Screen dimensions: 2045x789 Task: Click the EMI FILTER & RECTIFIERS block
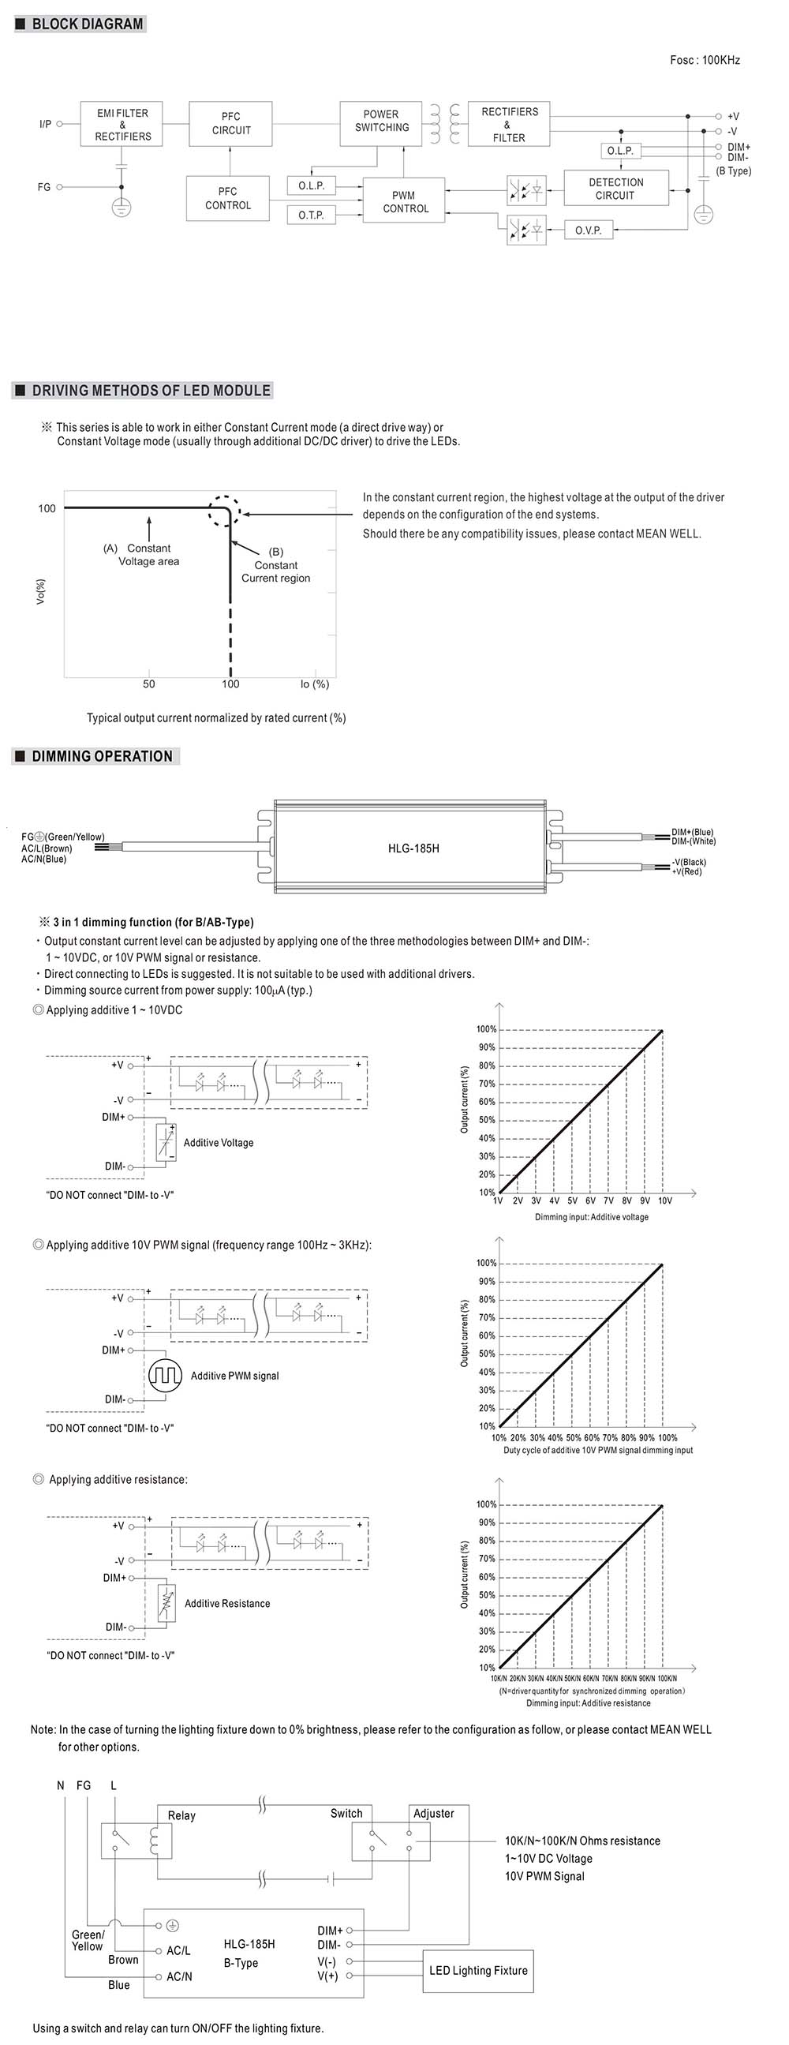(x=122, y=124)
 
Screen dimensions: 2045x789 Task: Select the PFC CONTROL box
(x=228, y=198)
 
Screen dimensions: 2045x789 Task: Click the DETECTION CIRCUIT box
(x=615, y=189)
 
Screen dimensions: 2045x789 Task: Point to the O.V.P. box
(x=588, y=230)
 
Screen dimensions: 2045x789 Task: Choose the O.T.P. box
(x=311, y=215)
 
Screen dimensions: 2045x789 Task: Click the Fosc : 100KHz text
(x=705, y=60)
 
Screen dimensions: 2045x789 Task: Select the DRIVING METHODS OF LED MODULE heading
(x=151, y=391)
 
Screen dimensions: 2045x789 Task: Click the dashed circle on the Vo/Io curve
(x=224, y=514)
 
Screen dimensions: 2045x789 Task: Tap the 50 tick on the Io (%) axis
(x=149, y=684)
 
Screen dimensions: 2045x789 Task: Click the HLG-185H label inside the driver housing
(x=413, y=848)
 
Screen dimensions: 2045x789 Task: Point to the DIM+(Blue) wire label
(x=692, y=832)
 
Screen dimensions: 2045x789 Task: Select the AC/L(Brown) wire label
(x=46, y=848)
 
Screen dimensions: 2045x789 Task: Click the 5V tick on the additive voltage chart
(x=572, y=1201)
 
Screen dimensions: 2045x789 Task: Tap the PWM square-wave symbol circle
(x=165, y=1376)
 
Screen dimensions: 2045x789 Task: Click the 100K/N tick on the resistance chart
(x=667, y=1679)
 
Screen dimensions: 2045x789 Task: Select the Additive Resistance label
(x=227, y=1604)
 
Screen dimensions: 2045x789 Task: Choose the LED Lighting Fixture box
(x=478, y=1970)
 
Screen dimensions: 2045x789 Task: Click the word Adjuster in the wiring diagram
(x=433, y=1814)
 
